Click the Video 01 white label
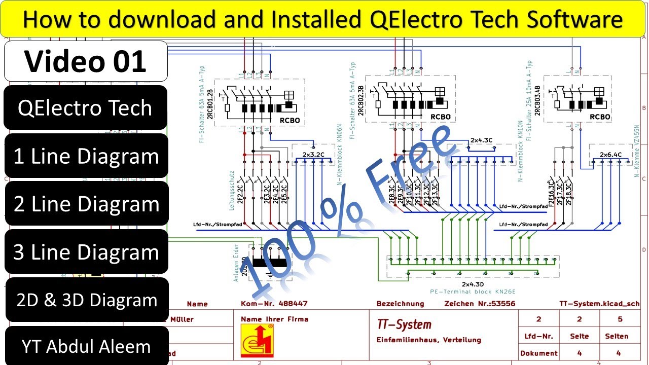[86, 61]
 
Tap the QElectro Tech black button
[85, 107]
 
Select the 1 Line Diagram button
[86, 156]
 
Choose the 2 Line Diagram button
[86, 204]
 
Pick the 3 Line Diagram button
[86, 252]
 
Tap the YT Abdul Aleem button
[86, 347]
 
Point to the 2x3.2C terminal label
[313, 154]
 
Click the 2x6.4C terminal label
[610, 154]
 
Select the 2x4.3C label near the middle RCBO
[481, 139]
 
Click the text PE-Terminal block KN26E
[473, 291]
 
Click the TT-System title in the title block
[404, 324]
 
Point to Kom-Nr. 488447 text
[274, 304]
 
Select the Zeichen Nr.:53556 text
[480, 304]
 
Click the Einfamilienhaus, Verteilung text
[428, 340]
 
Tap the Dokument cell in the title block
[538, 353]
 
